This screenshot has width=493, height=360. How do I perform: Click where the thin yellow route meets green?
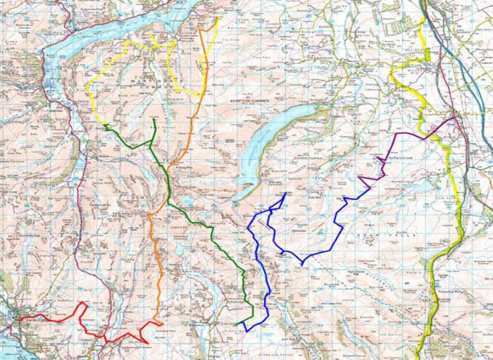pos(105,125)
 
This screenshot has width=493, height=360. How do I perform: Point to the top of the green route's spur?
pos(154,119)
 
